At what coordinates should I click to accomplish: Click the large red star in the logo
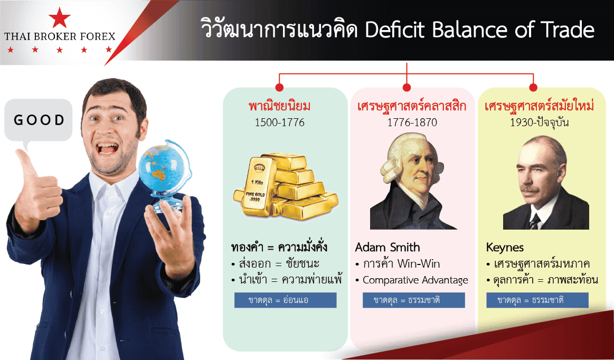click(60, 17)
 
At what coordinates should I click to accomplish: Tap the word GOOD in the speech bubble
click(39, 120)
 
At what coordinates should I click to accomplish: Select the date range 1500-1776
click(280, 122)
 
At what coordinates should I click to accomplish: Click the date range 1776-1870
click(412, 122)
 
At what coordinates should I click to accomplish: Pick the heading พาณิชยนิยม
click(280, 106)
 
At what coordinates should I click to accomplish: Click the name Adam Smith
click(388, 247)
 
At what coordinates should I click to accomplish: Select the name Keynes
click(505, 248)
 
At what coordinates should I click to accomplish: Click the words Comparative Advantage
click(415, 280)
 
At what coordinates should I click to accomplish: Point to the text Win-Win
click(418, 263)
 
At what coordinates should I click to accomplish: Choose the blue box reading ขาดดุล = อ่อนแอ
click(286, 300)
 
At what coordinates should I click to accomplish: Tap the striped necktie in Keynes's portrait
click(534, 222)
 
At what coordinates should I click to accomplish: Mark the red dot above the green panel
click(279, 87)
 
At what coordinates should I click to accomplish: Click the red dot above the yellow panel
click(533, 87)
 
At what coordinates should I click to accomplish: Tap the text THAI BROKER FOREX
click(60, 37)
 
